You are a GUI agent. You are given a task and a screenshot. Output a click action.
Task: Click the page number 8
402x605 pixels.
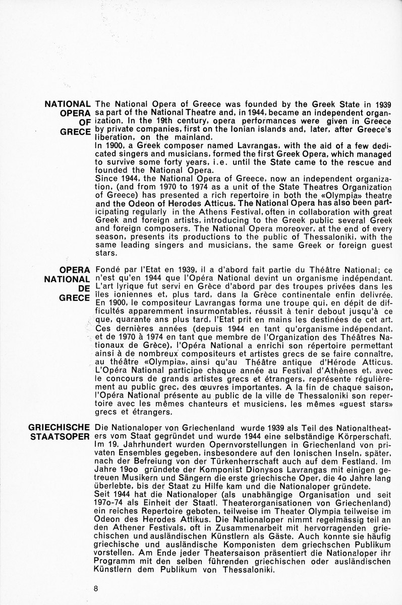(95, 588)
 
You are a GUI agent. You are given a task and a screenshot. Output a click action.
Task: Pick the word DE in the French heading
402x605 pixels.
(84, 287)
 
